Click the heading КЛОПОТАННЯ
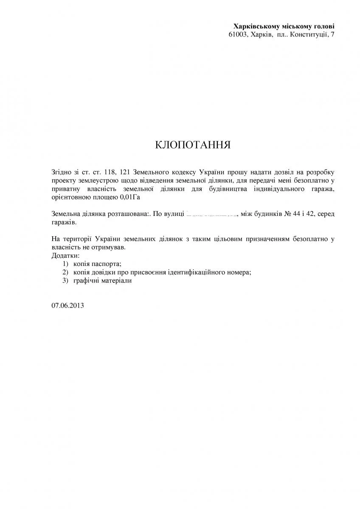coord(193,145)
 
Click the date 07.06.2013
coord(67,305)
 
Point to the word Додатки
coord(65,256)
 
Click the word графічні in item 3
coord(86,281)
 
